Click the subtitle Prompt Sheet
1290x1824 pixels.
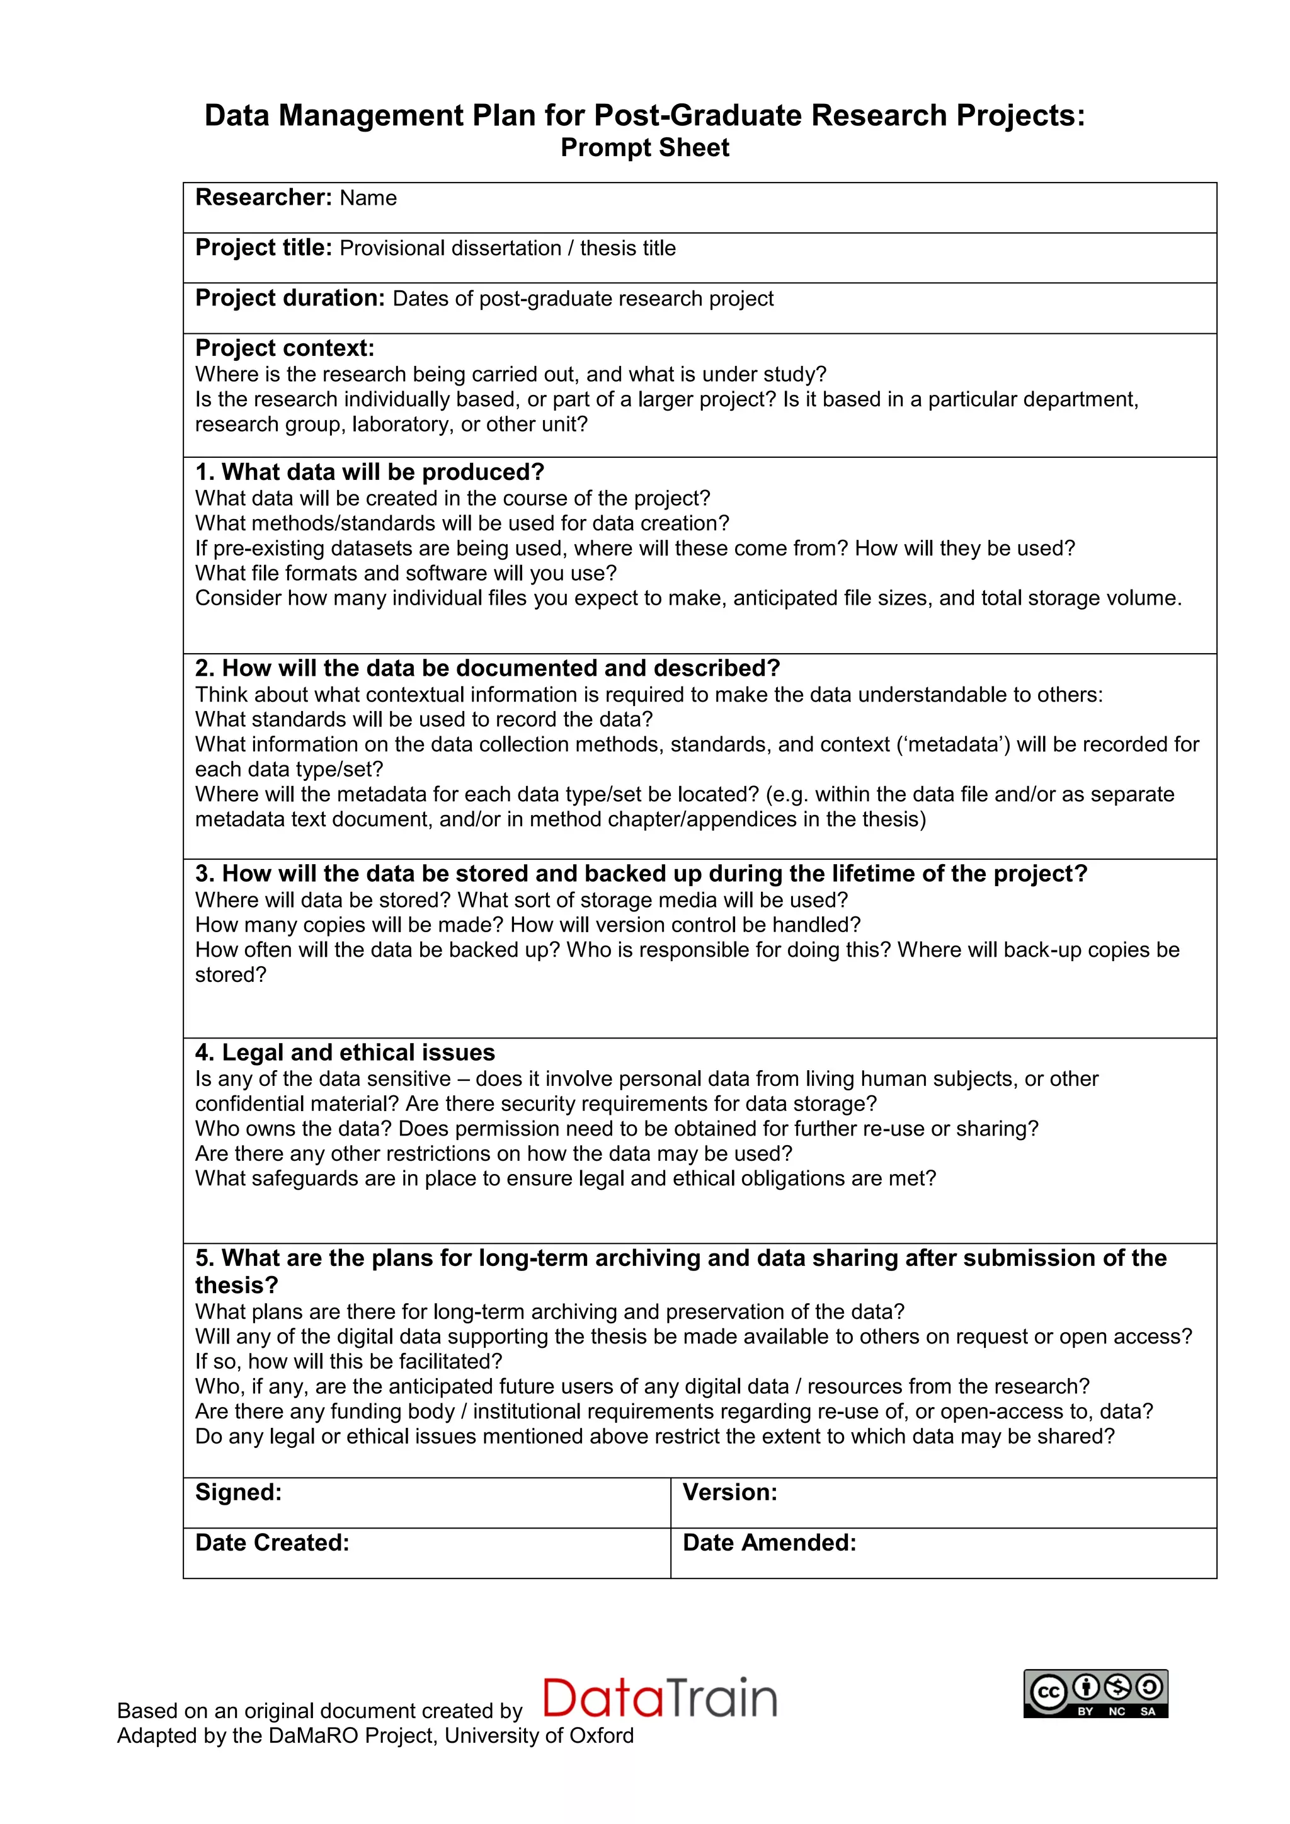[x=644, y=148]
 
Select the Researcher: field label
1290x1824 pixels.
[x=263, y=197]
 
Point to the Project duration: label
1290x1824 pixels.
[x=290, y=298]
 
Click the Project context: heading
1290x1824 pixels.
[x=284, y=348]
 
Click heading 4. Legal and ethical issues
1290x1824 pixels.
[x=345, y=1052]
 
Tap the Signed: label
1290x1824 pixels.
[x=238, y=1492]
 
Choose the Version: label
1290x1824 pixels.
[x=729, y=1492]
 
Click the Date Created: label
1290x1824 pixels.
[x=271, y=1542]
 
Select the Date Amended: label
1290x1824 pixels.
[x=769, y=1542]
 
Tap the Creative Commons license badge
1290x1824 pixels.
[x=1095, y=1693]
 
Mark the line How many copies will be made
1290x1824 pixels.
[x=350, y=925]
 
